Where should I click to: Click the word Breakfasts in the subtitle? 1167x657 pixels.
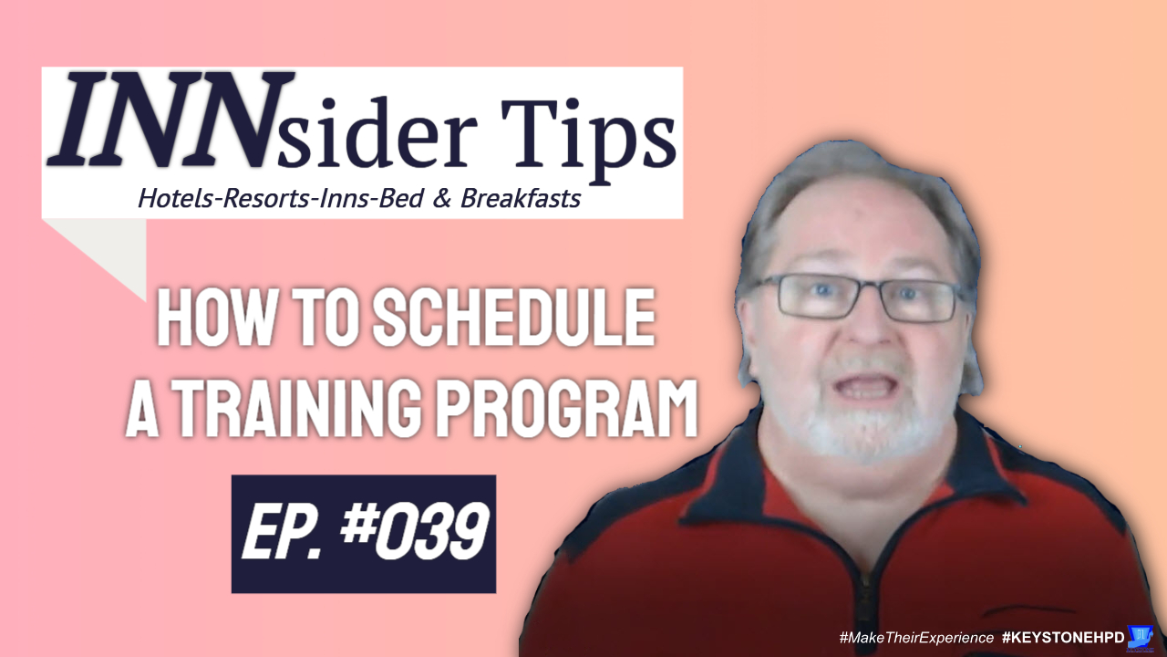pos(521,199)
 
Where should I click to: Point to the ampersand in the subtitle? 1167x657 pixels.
pos(442,199)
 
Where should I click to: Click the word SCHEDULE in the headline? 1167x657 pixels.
pos(513,318)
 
